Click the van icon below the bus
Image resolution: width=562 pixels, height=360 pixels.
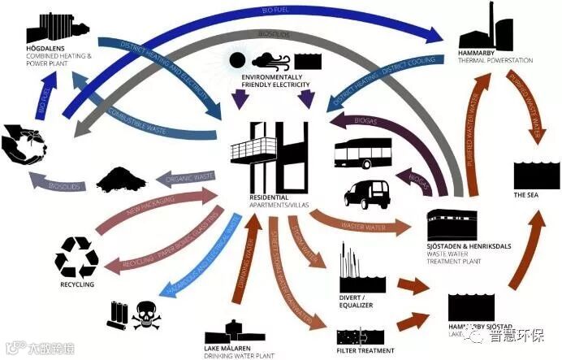pos(367,193)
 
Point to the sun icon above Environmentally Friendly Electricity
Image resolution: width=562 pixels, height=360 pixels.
pos(237,61)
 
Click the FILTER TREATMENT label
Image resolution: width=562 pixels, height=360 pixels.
pos(365,350)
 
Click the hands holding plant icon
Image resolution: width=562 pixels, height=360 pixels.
pos(24,144)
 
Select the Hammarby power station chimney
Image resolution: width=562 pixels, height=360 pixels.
pos(491,18)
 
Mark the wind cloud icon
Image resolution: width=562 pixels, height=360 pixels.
pos(270,61)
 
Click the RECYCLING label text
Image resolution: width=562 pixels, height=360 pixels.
pos(76,284)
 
